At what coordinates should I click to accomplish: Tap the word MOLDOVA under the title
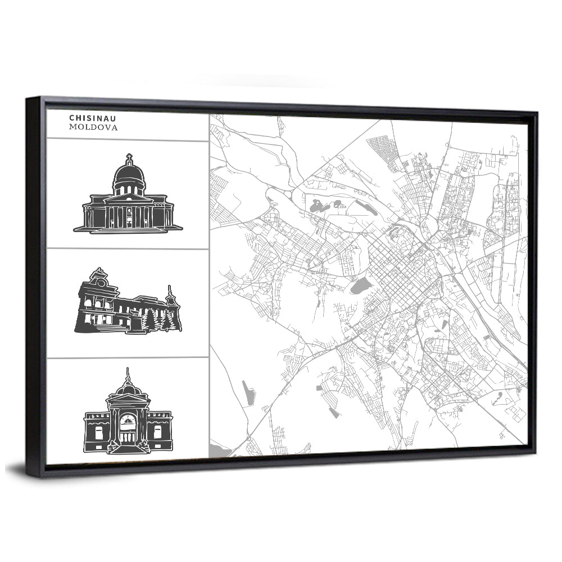(93, 128)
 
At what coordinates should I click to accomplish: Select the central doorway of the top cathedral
(129, 216)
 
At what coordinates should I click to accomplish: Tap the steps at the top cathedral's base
(128, 229)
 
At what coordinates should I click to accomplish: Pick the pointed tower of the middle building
(169, 295)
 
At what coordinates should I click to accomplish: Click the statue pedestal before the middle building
(135, 326)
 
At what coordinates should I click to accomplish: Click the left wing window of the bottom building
(99, 432)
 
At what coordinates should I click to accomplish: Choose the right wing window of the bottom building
(158, 432)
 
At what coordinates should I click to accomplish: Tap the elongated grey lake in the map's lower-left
(248, 392)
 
